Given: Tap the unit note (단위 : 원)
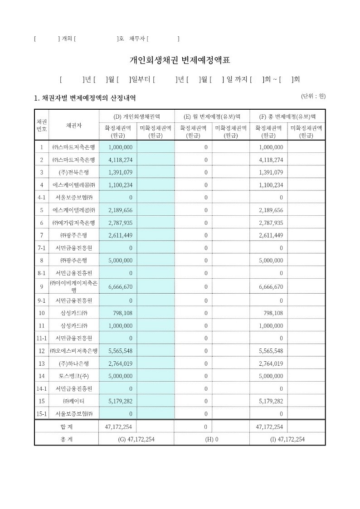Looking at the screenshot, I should [x=313, y=96].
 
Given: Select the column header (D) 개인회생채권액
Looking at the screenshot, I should [x=136, y=116].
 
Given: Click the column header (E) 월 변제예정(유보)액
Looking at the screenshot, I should [x=211, y=116].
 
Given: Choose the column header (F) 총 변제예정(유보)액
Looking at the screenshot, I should [x=287, y=116].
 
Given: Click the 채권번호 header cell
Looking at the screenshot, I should [x=41, y=125].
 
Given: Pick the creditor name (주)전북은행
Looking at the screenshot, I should [x=73, y=172].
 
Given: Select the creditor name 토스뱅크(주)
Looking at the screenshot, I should [x=73, y=376].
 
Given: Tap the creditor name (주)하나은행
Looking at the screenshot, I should [x=73, y=364].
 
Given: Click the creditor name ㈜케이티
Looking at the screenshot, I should [x=73, y=401].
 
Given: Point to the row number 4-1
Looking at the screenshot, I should [x=41, y=197].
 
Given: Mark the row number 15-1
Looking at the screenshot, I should [x=41, y=414].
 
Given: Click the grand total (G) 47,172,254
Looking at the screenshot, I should [x=136, y=439].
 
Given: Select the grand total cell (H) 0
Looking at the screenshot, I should [x=211, y=439].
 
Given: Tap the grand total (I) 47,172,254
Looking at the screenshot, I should [x=287, y=439].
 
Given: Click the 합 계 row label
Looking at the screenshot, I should [x=66, y=427].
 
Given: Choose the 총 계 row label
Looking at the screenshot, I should [x=66, y=439].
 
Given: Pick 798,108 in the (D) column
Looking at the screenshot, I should [x=122, y=313].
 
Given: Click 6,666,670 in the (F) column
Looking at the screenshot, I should [x=271, y=287].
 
